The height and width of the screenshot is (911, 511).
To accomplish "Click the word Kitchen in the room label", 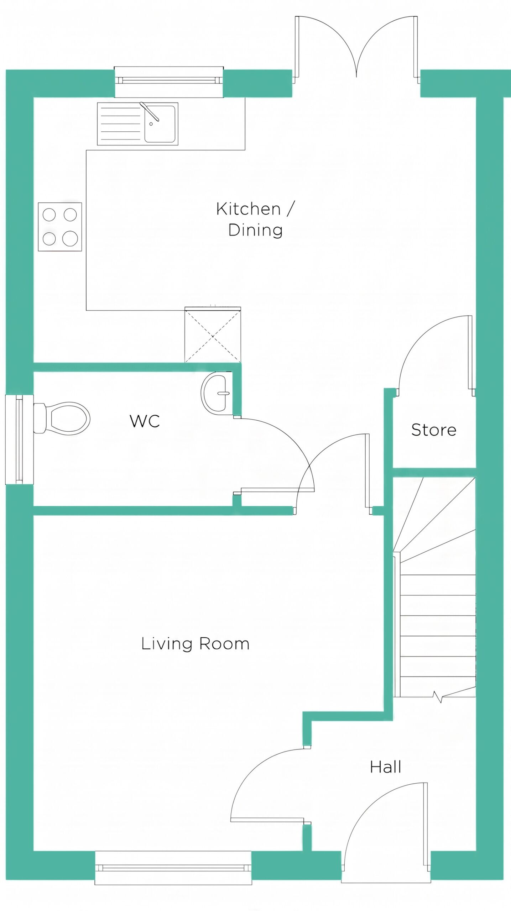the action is click(248, 209).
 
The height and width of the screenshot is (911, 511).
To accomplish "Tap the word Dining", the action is click(255, 230).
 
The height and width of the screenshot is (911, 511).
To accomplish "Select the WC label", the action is click(145, 421).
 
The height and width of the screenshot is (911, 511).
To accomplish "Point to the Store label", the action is click(434, 430).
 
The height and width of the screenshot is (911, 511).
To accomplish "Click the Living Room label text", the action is click(195, 643).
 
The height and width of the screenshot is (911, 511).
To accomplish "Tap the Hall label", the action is click(386, 767).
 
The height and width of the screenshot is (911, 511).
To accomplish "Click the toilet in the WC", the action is click(62, 418).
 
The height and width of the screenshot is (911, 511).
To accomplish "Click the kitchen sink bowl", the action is click(160, 124).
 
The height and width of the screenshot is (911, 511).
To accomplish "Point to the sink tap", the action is click(149, 111).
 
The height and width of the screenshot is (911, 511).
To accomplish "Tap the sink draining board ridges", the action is click(121, 124).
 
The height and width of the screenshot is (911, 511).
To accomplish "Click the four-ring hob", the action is click(60, 227).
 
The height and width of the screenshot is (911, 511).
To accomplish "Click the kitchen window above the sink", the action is click(169, 81).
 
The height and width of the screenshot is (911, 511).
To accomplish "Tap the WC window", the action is click(20, 439).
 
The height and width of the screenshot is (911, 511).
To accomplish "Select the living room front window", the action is click(173, 868).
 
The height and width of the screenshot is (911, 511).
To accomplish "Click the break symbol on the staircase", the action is click(438, 696).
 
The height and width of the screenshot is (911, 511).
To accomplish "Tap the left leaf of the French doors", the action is click(297, 47).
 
